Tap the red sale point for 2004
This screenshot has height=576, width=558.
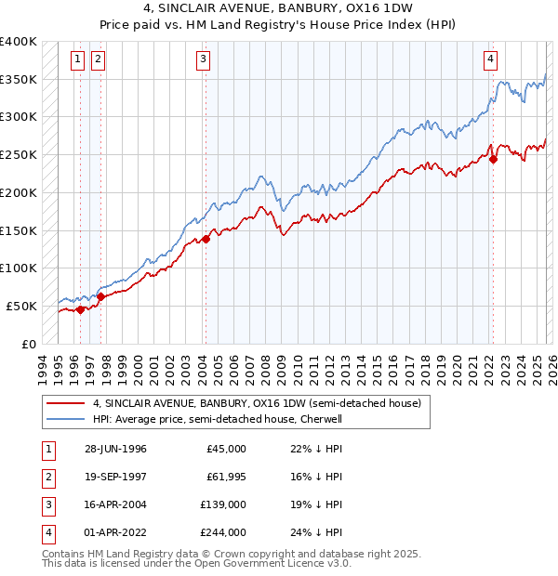point(206,239)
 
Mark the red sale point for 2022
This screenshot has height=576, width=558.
point(493,159)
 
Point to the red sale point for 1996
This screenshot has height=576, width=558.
point(81,310)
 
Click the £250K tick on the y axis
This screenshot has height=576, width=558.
point(19,155)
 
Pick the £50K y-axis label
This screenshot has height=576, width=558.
point(22,306)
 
